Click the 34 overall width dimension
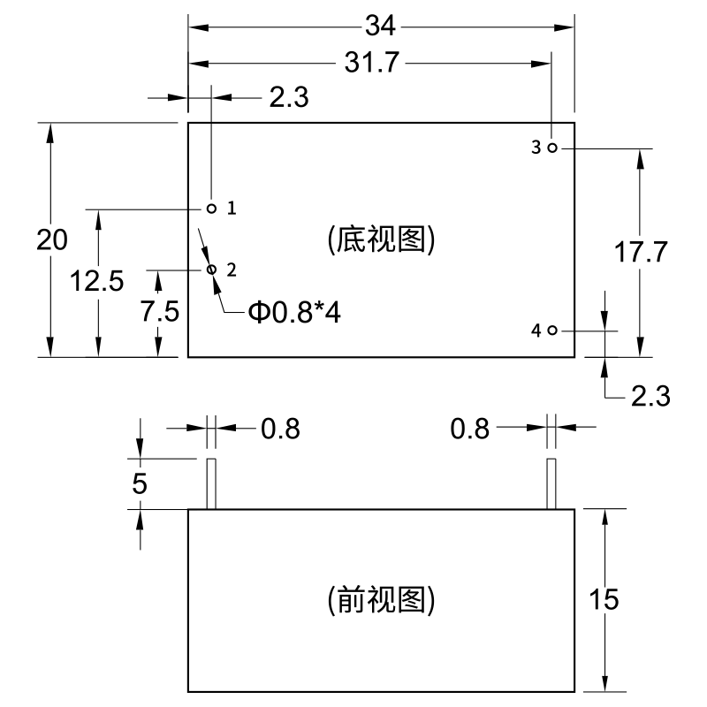380,27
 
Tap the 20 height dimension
52,240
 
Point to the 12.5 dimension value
97,280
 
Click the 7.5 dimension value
159,311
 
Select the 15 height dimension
604,599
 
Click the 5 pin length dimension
141,483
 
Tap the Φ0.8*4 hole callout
294,313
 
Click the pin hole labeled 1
211,209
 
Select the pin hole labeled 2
211,269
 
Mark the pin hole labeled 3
551,148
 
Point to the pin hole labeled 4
551,331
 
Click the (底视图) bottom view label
381,239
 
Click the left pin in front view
211,483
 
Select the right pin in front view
551,483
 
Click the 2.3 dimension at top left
288,98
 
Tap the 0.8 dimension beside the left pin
280,429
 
